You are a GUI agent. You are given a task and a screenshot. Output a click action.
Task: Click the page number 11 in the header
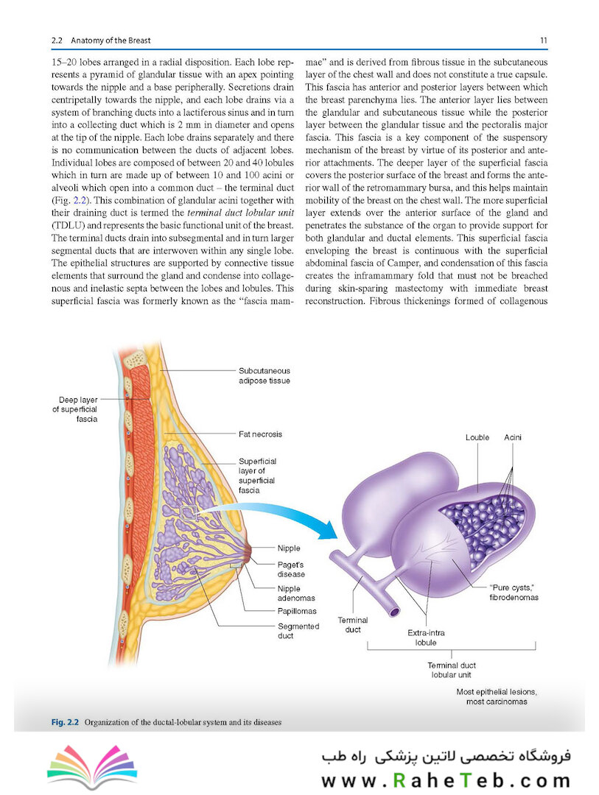(543, 40)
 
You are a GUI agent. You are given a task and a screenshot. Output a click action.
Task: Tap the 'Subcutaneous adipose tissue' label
(265, 375)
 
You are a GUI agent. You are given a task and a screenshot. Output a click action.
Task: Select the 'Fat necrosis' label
(260, 434)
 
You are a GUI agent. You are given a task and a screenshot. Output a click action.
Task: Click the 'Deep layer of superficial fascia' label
(75, 409)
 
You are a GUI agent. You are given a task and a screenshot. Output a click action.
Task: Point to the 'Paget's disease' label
(291, 569)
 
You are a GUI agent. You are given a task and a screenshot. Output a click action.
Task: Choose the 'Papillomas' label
(297, 611)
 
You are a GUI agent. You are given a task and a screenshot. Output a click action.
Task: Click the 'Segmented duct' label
(298, 631)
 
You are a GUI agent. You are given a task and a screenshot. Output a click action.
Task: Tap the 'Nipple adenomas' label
(296, 593)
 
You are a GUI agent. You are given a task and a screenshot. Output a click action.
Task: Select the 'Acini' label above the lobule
(513, 437)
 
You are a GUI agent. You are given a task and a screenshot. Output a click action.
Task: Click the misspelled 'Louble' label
(477, 437)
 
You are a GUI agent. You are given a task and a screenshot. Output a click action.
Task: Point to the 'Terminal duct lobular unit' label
(452, 670)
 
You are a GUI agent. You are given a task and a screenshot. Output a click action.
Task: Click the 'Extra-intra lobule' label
(426, 637)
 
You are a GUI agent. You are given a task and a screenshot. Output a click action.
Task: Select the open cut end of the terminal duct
(394, 612)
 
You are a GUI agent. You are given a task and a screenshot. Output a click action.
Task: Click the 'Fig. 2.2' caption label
(65, 722)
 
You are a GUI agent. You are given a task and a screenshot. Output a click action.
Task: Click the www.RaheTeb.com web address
(446, 780)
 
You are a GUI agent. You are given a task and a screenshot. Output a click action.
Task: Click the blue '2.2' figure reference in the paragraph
(79, 200)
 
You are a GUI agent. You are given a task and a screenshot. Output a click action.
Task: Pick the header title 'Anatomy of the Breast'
(111, 40)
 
